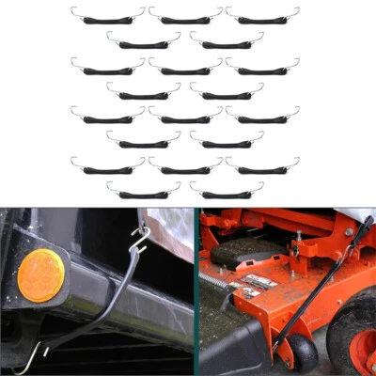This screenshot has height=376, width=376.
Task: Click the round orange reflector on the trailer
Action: [x=39, y=275]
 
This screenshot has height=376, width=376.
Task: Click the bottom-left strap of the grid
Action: [x=144, y=194]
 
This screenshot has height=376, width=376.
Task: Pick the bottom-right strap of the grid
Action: [x=227, y=194]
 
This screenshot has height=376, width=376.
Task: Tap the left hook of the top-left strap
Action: [x=74, y=11]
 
